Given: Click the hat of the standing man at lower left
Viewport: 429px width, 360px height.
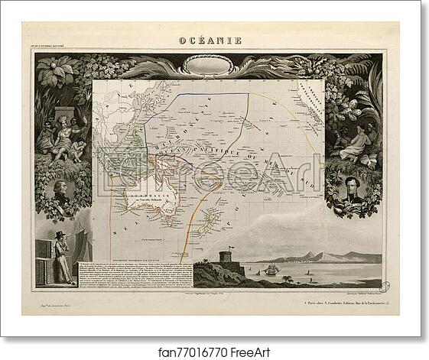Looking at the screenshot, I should tap(59, 233).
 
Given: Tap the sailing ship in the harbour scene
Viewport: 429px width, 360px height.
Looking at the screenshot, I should tap(272, 269).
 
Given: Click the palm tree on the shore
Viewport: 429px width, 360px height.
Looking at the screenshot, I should tap(287, 279).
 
